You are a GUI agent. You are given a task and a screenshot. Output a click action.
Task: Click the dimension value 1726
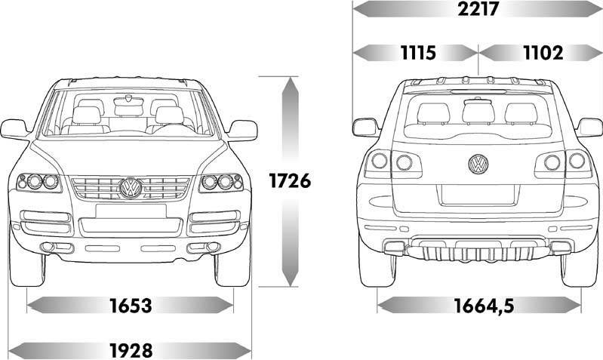coord(290,181)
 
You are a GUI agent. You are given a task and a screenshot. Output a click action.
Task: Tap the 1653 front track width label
coord(131,306)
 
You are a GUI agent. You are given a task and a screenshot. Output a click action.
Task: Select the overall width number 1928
coord(131,350)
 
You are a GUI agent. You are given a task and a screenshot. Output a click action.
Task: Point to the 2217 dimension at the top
coord(478,9)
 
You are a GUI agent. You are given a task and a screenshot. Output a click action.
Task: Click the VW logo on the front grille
coord(131,187)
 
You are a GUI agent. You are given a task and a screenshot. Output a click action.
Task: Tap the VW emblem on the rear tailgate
coord(478,162)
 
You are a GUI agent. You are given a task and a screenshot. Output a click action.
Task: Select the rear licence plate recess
coord(478,193)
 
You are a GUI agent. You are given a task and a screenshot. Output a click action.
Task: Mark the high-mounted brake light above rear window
coord(478,92)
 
